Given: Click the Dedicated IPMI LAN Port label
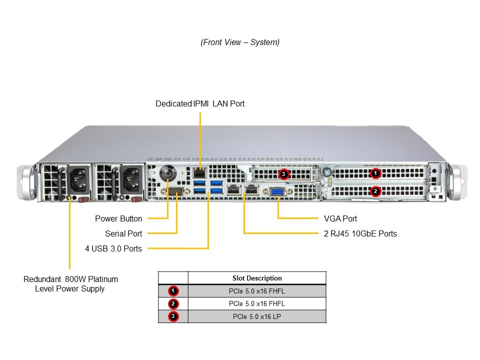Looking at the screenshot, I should (x=200, y=104).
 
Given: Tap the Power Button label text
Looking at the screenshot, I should (x=118, y=218).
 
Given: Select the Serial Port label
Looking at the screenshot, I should (x=123, y=233).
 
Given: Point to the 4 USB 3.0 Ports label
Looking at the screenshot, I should (x=113, y=248).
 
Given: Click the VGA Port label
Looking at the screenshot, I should (x=340, y=218).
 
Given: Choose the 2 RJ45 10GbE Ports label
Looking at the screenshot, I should (x=360, y=233).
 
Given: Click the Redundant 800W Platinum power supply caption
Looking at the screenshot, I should (x=70, y=283).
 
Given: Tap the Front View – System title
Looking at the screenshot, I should (x=240, y=42).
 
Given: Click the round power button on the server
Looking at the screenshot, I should (x=168, y=174).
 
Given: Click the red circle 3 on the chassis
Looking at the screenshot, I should (x=284, y=174).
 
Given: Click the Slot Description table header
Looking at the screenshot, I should (x=257, y=278).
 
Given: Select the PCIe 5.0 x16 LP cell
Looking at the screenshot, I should (x=257, y=316).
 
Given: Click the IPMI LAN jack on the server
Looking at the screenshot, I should (x=200, y=173).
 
